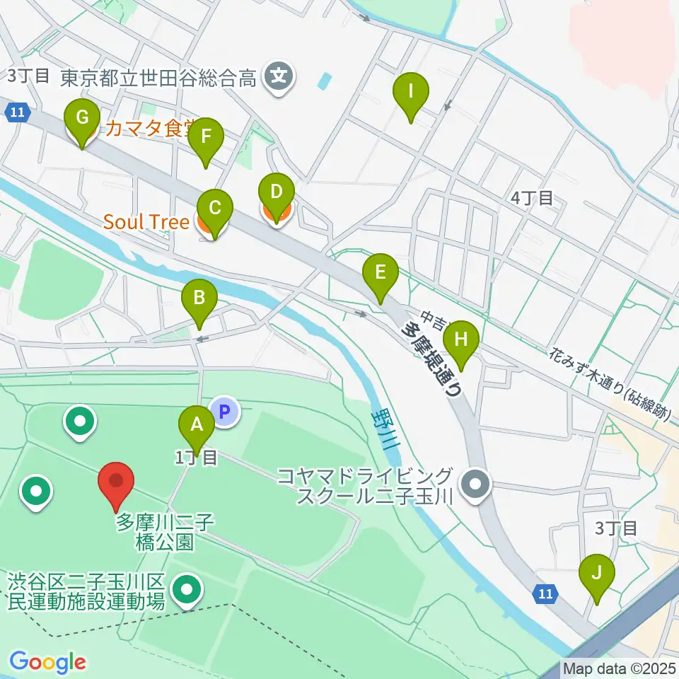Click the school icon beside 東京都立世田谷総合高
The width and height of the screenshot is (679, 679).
[x=279, y=74]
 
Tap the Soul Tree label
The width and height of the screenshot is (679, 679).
[x=146, y=222]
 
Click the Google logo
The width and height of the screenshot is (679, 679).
[x=47, y=663]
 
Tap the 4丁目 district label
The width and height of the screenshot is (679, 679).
[x=533, y=198]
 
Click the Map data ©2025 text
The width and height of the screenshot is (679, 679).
[x=620, y=668]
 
